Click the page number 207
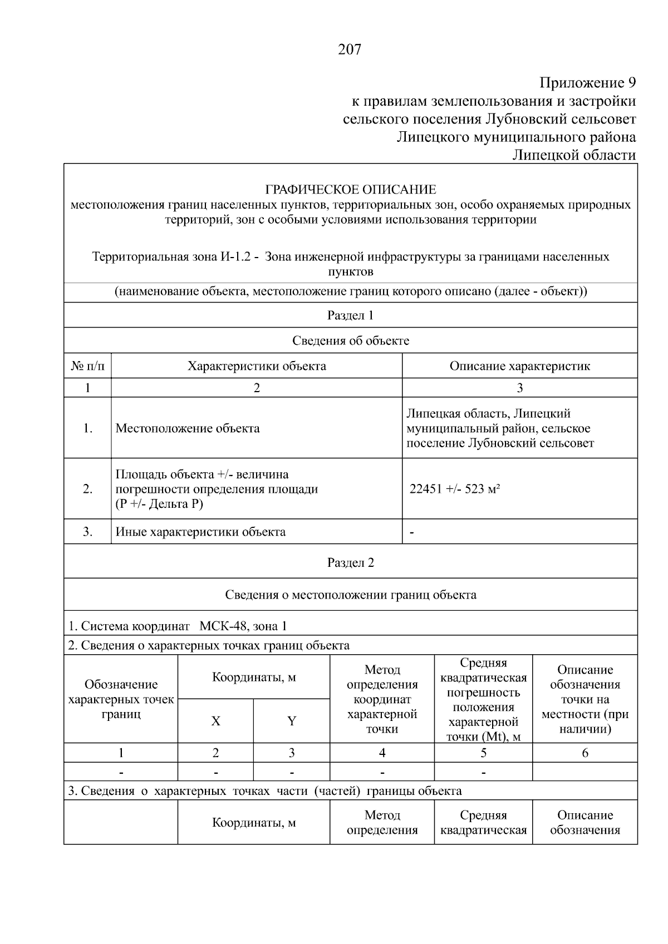click(350, 50)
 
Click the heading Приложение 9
click(587, 83)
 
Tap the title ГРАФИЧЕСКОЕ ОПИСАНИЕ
click(350, 189)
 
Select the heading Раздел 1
click(350, 315)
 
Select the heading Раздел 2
click(350, 562)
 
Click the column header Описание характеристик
click(519, 366)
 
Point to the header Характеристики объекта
click(257, 366)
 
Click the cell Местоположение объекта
click(188, 428)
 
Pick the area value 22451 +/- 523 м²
click(454, 490)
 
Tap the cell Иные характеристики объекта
click(200, 532)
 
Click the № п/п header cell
click(87, 366)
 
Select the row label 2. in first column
click(87, 490)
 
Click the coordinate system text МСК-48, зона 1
click(243, 626)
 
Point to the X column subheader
click(215, 721)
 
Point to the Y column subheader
click(291, 721)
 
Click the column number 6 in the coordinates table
click(584, 753)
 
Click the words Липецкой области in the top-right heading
click(574, 155)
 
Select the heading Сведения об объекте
click(350, 341)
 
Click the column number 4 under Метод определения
click(382, 753)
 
